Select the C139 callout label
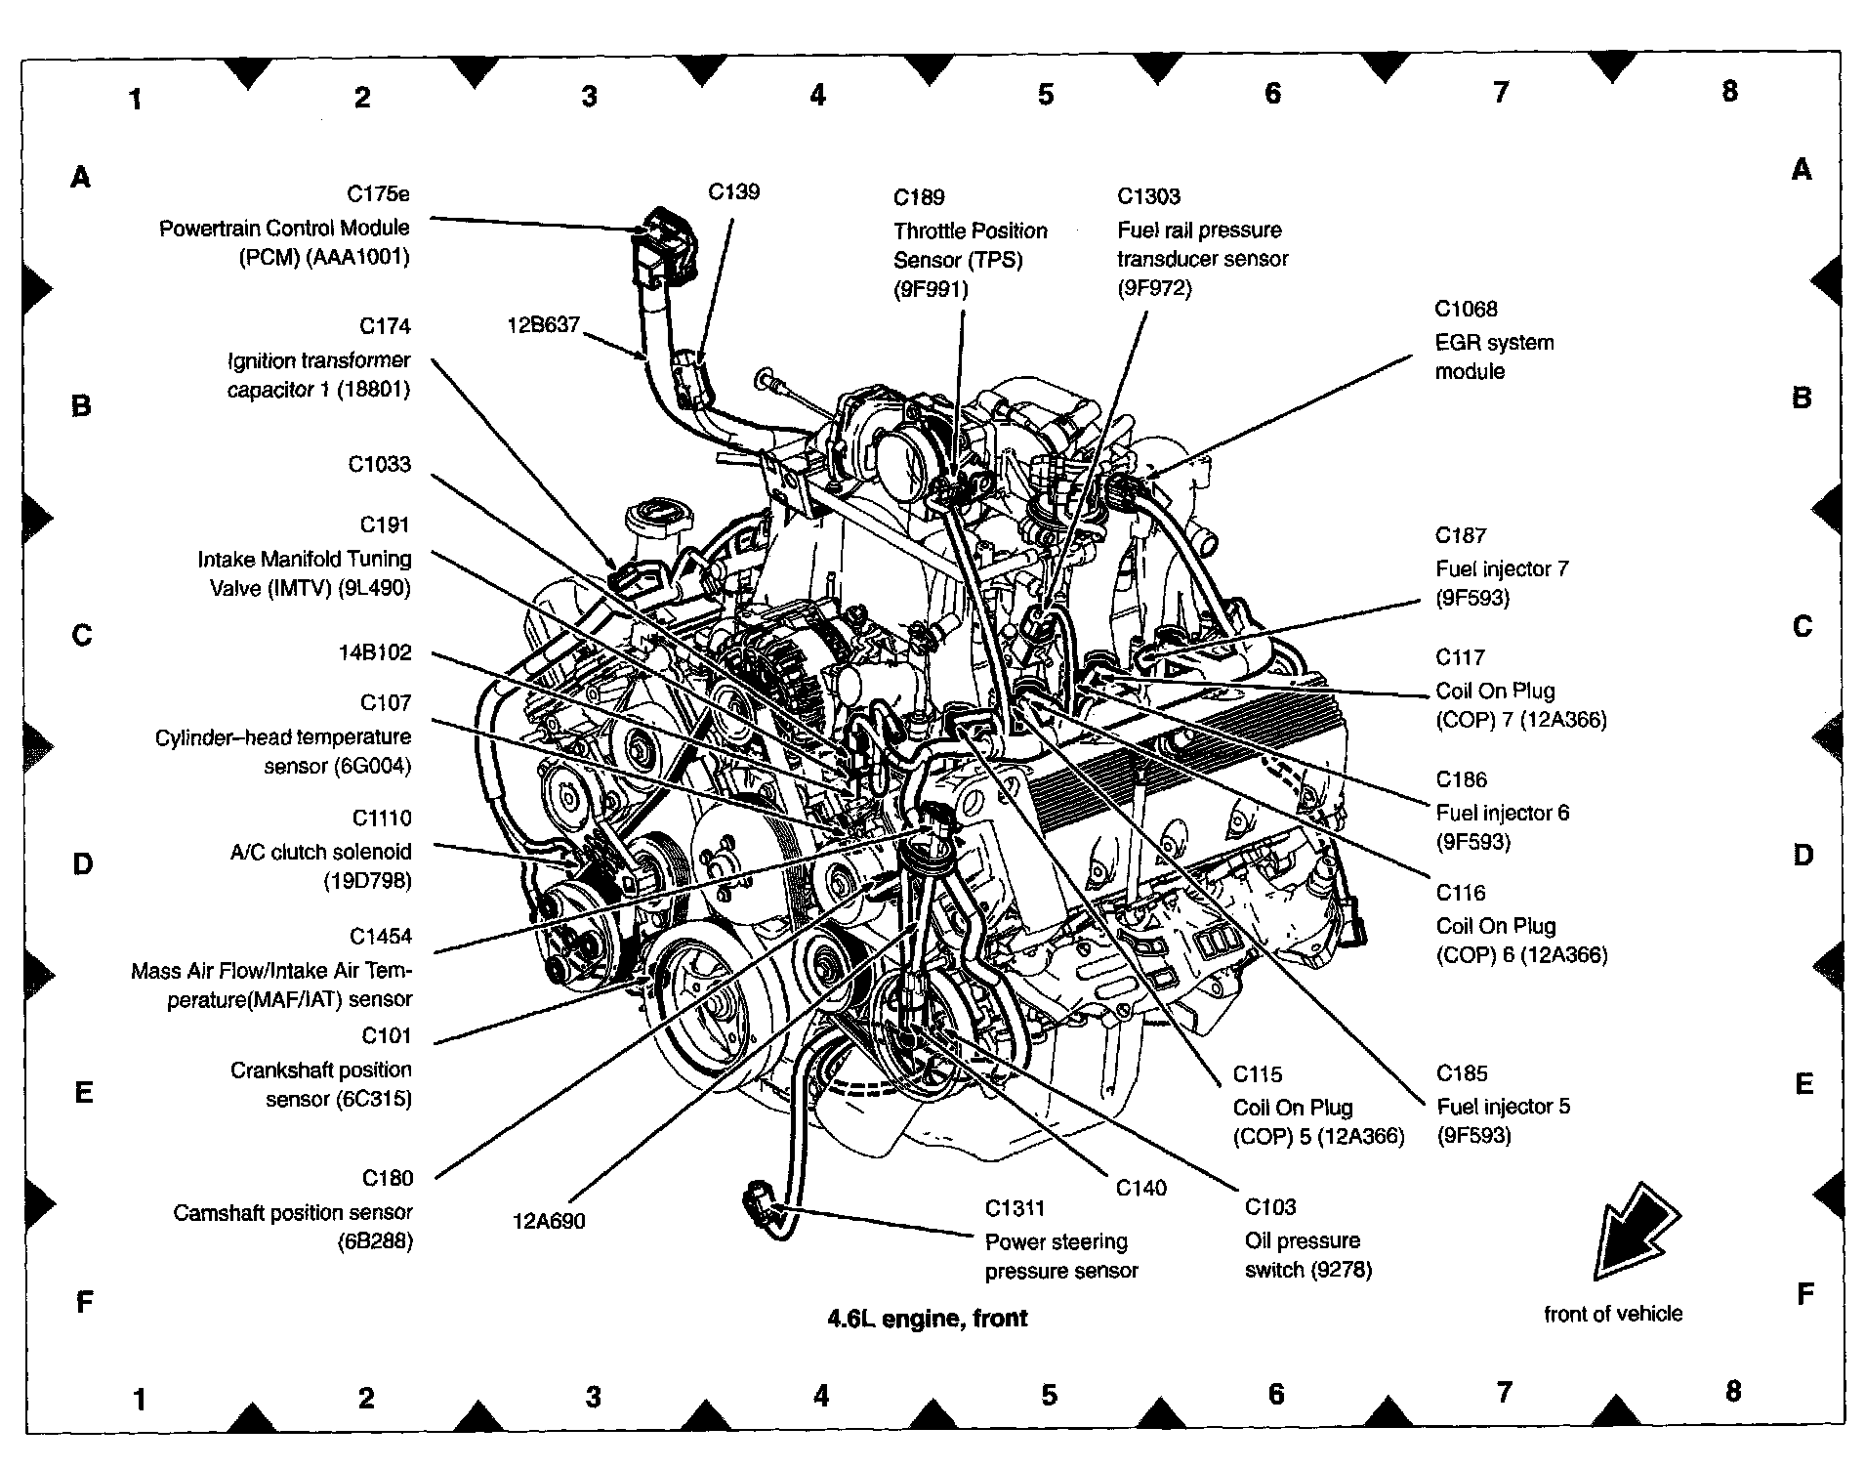click(x=733, y=191)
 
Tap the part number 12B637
click(x=544, y=324)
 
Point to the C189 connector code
click(x=919, y=197)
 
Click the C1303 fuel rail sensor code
click(x=1148, y=196)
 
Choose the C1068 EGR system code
click(x=1465, y=309)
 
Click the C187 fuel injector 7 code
click(x=1461, y=535)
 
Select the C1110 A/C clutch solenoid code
click(x=382, y=818)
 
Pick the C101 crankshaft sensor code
click(x=387, y=1035)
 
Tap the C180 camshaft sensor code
click(x=388, y=1178)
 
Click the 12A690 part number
click(x=549, y=1220)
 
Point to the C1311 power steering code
click(x=1015, y=1208)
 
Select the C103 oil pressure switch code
click(x=1270, y=1207)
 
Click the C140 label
click(x=1140, y=1188)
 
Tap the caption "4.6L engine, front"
click(x=928, y=1319)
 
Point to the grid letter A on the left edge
click(x=81, y=177)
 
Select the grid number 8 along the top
click(x=1729, y=91)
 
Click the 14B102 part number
click(x=375, y=652)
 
